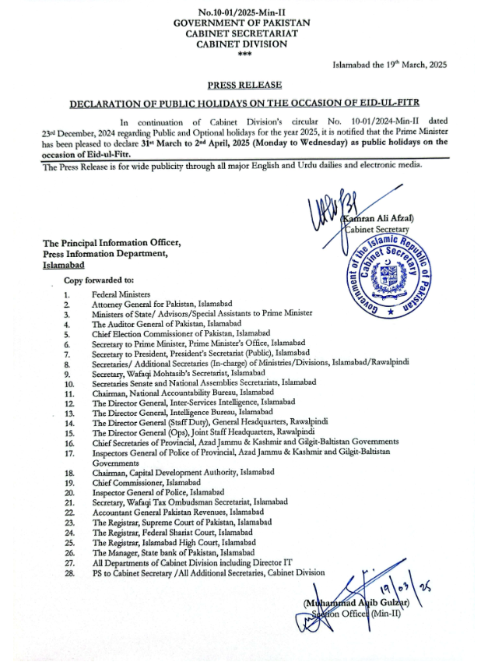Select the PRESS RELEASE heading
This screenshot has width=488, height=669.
coord(244,84)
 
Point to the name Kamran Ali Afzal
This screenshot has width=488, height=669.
coord(379,219)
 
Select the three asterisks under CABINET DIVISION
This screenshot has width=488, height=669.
coord(244,54)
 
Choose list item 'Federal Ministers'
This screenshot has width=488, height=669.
coord(116,295)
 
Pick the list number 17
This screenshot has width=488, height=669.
coord(68,452)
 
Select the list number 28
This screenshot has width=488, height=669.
coord(68,572)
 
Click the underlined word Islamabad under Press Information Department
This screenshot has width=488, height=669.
coord(65,265)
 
